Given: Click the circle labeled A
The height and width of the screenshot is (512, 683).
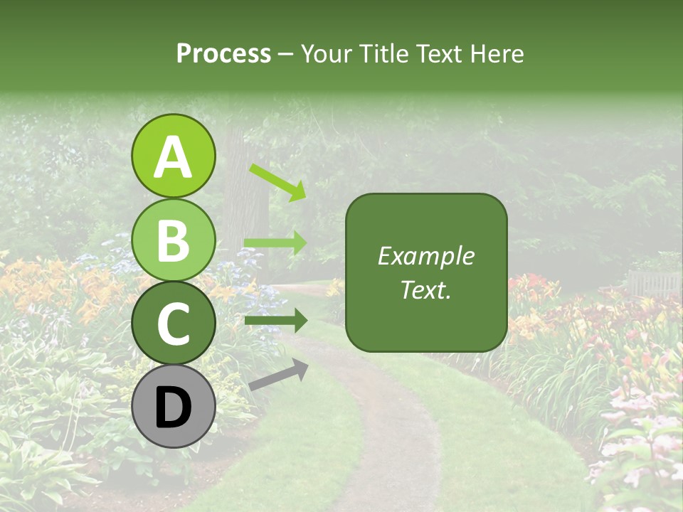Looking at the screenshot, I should [x=173, y=156].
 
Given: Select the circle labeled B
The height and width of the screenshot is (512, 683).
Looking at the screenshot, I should [x=173, y=240].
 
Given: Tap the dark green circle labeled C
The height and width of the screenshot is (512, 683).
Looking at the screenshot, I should [x=173, y=324].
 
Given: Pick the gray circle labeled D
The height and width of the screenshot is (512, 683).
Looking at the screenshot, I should [x=173, y=407].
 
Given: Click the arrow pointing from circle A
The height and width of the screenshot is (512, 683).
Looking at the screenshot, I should [x=277, y=182].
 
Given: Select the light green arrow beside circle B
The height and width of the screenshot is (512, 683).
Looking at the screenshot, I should [x=275, y=243].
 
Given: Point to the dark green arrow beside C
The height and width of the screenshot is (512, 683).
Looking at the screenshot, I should [x=275, y=320].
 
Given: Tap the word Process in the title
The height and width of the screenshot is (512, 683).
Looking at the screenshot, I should [x=223, y=54].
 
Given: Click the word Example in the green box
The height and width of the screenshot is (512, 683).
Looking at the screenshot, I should [x=425, y=256].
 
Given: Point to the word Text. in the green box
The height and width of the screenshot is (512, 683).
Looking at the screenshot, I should [x=425, y=289].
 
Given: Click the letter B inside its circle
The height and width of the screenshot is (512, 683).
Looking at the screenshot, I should [x=173, y=240].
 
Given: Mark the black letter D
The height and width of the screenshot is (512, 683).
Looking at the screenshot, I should [x=173, y=407].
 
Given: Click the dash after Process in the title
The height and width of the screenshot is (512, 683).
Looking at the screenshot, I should [x=285, y=55].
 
